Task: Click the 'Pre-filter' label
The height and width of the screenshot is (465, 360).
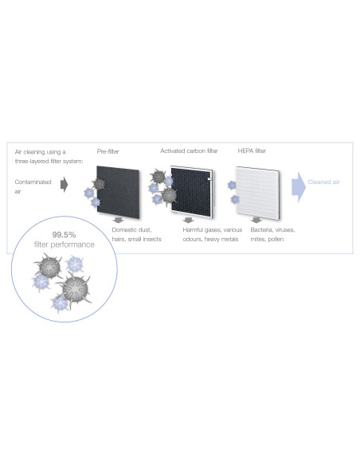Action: [x=108, y=151]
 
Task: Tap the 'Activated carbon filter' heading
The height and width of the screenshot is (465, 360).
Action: [x=189, y=150]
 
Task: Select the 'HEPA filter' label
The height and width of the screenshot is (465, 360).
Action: [x=252, y=150]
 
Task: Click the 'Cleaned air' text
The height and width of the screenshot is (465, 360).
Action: [x=324, y=182]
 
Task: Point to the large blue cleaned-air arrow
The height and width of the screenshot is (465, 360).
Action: [x=299, y=187]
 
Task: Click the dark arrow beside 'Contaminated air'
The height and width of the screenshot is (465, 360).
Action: [x=64, y=185]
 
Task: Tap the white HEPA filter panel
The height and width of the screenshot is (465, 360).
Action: [x=257, y=193]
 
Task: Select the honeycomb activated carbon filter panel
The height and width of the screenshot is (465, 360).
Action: [x=192, y=192]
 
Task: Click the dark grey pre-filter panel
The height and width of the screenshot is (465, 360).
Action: [x=118, y=192]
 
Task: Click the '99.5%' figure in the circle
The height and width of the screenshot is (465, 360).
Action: [x=64, y=235]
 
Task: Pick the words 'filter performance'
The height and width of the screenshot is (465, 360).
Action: [x=64, y=244]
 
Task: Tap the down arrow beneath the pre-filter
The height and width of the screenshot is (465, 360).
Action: [x=119, y=220]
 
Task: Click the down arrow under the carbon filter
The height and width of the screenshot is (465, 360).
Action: [x=188, y=220]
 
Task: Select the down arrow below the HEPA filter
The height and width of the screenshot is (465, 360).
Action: [x=256, y=220]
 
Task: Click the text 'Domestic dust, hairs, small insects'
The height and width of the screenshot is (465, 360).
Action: [x=136, y=234]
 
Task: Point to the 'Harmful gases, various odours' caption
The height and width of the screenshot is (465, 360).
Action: [x=213, y=234]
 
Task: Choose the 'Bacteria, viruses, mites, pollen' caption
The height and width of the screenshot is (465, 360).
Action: [x=272, y=234]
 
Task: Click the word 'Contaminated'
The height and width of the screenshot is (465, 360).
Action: [x=33, y=182]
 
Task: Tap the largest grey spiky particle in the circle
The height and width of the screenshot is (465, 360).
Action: [x=75, y=288]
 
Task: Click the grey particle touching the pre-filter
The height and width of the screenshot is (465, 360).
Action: [x=99, y=184]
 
